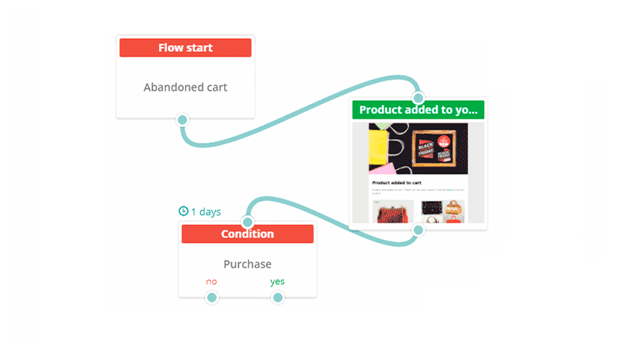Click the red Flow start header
tap(186, 48)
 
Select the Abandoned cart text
tap(186, 88)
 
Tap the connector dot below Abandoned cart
tap(182, 119)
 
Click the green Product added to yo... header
tap(418, 109)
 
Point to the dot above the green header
tap(418, 98)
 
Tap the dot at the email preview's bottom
tap(418, 230)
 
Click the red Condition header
tap(247, 234)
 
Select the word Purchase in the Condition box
tap(247, 264)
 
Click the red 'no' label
tap(211, 282)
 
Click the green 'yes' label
tap(277, 282)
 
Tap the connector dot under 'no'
tap(212, 297)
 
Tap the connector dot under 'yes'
tap(277, 297)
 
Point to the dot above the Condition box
tap(248, 222)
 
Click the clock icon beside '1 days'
tap(183, 211)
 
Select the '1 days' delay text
tap(206, 211)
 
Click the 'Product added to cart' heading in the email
tap(397, 182)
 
